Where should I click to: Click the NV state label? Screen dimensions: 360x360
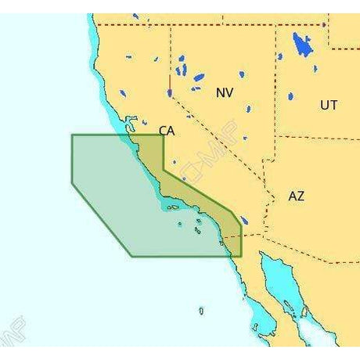(225, 92)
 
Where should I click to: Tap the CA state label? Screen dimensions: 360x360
(167, 131)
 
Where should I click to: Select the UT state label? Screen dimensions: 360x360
(329, 104)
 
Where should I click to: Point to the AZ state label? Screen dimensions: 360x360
(296, 196)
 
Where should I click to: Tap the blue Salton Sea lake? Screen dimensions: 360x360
(244, 221)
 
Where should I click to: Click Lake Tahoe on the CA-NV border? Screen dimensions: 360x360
(170, 92)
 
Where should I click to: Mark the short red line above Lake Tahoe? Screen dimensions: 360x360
(170, 81)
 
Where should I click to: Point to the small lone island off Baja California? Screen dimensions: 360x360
(201, 311)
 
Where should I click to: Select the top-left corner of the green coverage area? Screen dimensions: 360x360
(72, 135)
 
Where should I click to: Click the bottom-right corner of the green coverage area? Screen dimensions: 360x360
(241, 256)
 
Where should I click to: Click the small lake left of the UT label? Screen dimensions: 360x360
(290, 96)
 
